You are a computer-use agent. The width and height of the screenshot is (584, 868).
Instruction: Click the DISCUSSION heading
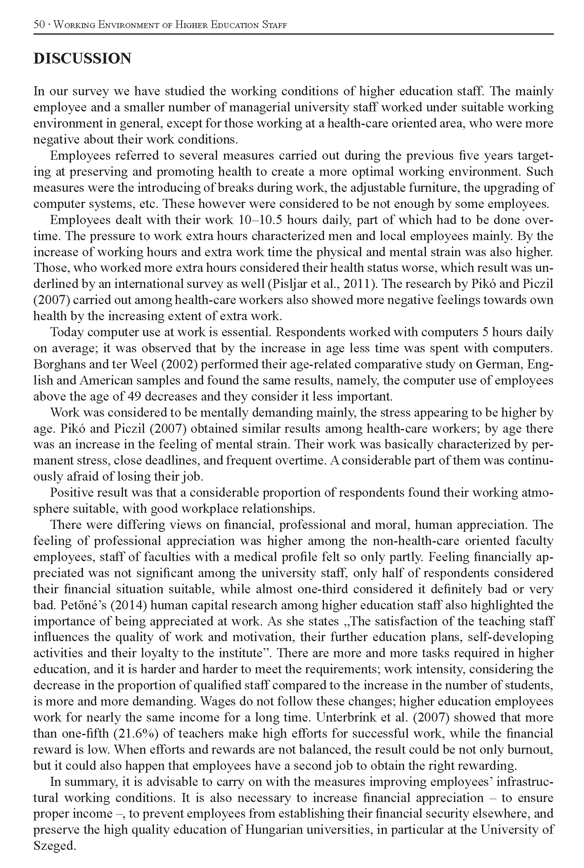(x=82, y=59)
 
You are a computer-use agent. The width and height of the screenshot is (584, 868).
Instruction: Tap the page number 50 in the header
(x=39, y=25)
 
